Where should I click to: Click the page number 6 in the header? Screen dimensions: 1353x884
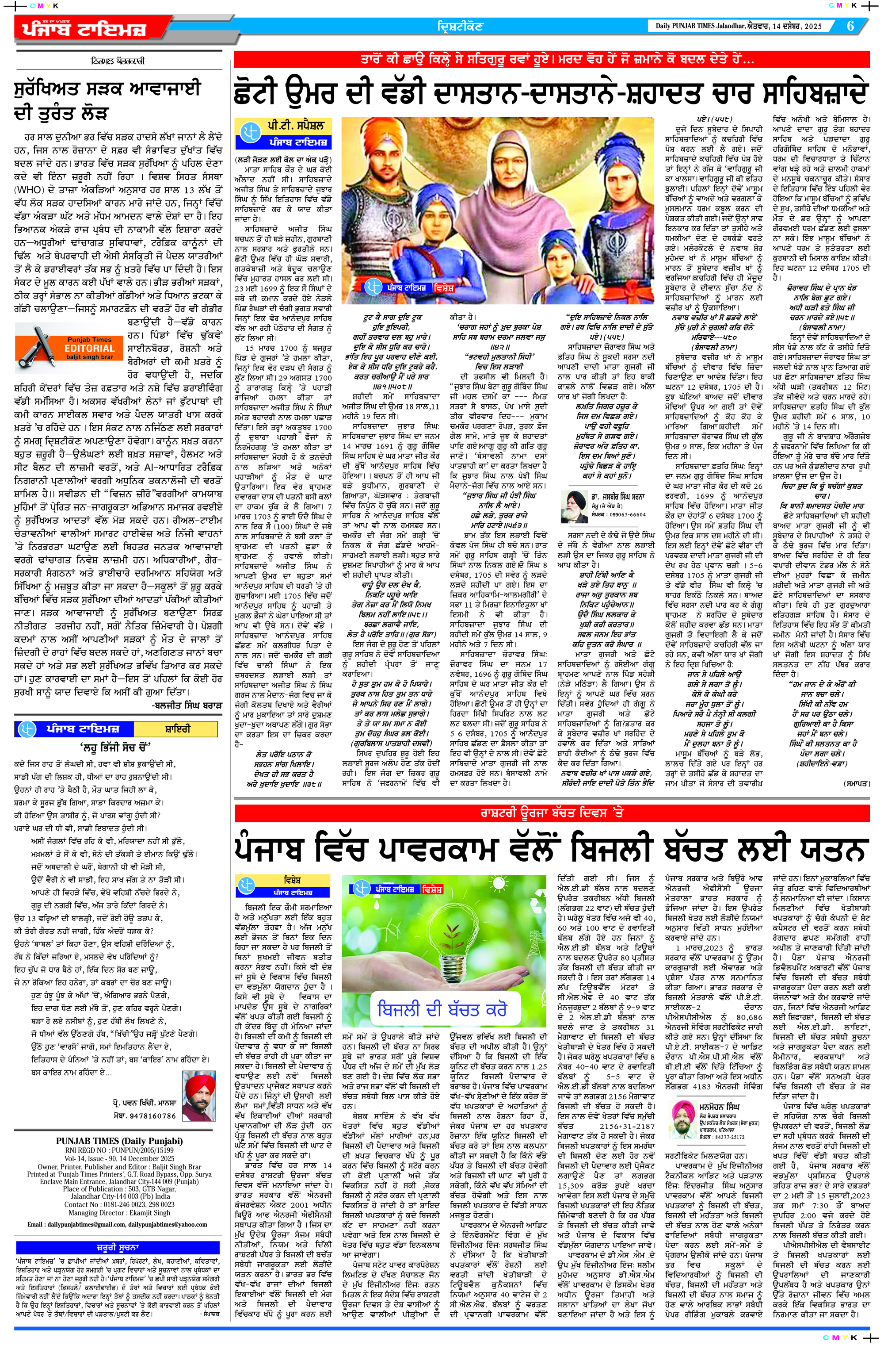click(850, 26)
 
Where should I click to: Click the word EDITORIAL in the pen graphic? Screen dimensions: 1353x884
click(89, 349)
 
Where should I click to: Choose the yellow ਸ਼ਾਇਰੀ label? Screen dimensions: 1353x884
click(177, 729)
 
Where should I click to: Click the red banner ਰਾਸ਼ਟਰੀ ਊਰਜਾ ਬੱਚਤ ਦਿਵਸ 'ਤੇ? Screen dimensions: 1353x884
click(551, 813)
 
